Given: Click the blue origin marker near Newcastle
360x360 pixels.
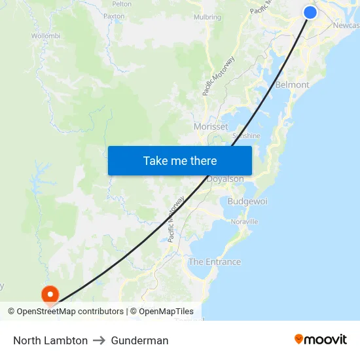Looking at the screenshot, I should pos(310,12).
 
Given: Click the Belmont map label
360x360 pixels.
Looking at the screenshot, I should pos(292,85).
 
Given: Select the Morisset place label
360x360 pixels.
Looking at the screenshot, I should pos(211,126).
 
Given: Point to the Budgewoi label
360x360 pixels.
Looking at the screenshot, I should pos(247,202).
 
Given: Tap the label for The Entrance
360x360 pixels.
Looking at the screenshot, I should pos(215,262).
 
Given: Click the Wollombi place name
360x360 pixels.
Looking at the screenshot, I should pos(46,35).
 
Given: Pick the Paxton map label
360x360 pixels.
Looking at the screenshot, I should pos(114,16).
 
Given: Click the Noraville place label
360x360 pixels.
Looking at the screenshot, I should pos(244,222).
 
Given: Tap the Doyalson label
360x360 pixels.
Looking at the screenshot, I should pos(226,179).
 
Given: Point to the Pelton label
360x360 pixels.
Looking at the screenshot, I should pos(122,3).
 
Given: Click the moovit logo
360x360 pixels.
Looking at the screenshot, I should pos(321,339).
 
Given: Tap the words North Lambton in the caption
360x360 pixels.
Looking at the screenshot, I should pos(50,340).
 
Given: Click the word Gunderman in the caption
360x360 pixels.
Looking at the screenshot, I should pos(139,340).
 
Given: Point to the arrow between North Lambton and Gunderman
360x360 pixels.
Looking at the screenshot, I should pos(99,340).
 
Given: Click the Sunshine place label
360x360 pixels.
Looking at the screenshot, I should pos(247,136).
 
